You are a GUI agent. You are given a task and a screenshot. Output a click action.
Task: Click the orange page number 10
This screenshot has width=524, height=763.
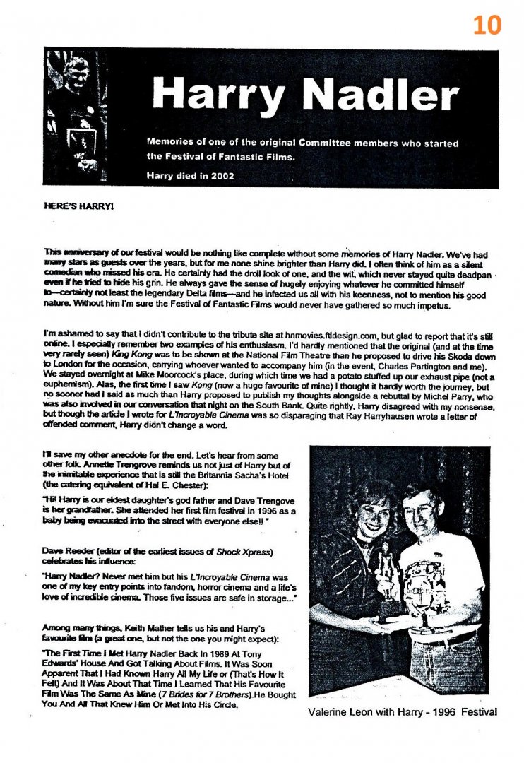tap(487, 24)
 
